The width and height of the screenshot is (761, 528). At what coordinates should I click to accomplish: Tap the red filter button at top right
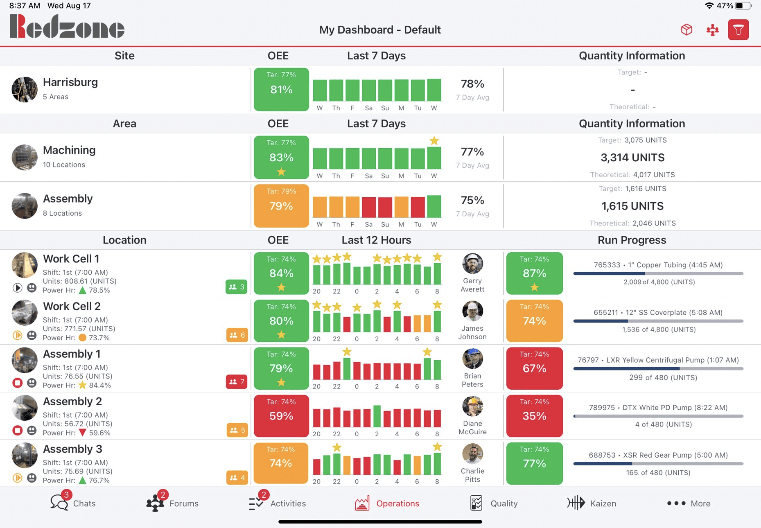[738, 29]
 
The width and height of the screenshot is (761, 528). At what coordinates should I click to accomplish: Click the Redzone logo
[67, 27]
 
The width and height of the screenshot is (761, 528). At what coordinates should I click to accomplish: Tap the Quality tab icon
[476, 503]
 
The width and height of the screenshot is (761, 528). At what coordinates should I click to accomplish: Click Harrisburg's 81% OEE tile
[281, 89]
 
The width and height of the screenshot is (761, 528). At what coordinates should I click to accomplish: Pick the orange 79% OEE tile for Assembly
[281, 205]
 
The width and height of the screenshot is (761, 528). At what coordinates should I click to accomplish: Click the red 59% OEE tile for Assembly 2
[281, 416]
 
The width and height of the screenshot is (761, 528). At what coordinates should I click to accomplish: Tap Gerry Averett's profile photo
[472, 264]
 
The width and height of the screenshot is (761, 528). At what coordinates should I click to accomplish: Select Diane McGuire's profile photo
[472, 406]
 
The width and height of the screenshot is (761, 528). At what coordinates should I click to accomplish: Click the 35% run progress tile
[534, 416]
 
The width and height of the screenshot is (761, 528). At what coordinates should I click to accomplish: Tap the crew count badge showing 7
[237, 382]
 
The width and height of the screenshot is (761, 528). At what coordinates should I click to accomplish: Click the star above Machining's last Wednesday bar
[434, 141]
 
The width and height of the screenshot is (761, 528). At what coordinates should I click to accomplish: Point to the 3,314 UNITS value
[632, 158]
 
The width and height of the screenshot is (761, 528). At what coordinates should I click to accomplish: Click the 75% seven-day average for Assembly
[472, 201]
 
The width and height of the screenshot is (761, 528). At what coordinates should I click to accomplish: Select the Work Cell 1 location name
[71, 259]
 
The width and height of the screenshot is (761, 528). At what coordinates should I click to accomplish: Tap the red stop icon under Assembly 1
[17, 383]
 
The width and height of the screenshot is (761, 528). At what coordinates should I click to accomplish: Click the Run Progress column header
[632, 240]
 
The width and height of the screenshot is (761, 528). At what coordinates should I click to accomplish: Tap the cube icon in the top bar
[686, 29]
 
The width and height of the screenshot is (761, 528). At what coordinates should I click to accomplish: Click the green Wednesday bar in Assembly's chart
[434, 206]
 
